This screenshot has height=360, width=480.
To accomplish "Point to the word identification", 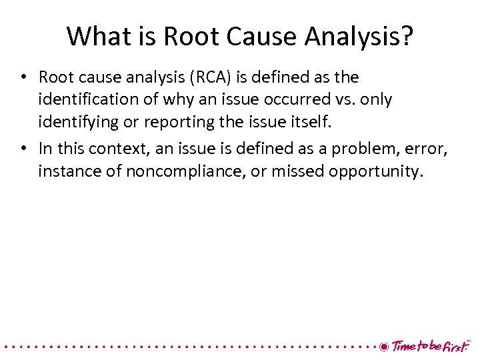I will point(87,99).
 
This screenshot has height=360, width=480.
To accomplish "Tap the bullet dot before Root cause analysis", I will point(23,78).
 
